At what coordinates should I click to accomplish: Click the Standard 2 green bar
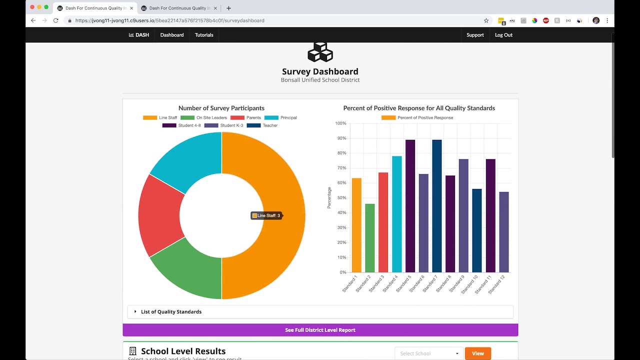(369, 238)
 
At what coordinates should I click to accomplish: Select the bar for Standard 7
(436, 206)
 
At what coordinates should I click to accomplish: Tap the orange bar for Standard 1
(356, 225)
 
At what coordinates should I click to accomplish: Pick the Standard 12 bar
(503, 232)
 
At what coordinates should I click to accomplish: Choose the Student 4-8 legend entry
(181, 125)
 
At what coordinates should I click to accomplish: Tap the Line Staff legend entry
(160, 118)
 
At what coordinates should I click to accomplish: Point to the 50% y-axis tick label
(341, 198)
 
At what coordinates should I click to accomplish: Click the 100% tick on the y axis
(340, 123)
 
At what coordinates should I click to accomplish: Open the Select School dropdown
(428, 353)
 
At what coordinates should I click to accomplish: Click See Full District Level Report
(320, 330)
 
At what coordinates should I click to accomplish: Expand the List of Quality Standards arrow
(135, 312)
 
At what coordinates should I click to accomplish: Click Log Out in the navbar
(503, 35)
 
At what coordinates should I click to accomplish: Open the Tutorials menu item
(204, 35)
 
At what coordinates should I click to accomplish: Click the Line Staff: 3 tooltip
(266, 215)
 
